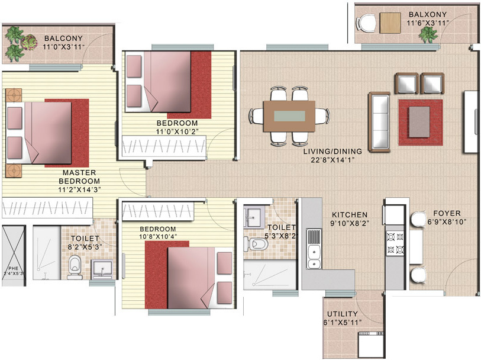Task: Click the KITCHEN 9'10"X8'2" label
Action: [349, 219]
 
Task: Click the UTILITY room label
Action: [344, 318]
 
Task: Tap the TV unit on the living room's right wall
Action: [472, 121]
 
